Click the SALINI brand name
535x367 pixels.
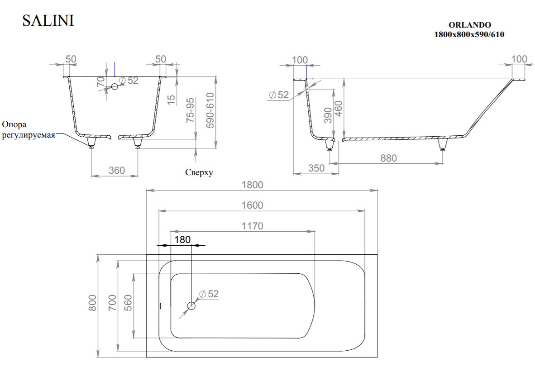(x=48, y=20)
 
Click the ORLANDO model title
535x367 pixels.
(x=469, y=25)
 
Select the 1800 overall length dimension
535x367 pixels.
(x=252, y=185)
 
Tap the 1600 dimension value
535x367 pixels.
(x=252, y=205)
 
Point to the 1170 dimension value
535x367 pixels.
(x=252, y=226)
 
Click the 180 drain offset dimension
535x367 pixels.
(x=182, y=240)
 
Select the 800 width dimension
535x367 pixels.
(x=92, y=303)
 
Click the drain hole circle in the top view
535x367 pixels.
(x=191, y=306)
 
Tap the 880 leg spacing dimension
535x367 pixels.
(x=389, y=158)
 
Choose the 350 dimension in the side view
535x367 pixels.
(x=316, y=168)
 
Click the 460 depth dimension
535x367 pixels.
(x=339, y=109)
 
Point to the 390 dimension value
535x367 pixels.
(x=328, y=115)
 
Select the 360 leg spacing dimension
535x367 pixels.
(x=117, y=170)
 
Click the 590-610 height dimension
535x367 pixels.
(x=210, y=110)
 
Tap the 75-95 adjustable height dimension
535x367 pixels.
(x=191, y=110)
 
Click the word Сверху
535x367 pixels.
(x=199, y=172)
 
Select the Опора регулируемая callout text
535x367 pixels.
(x=29, y=129)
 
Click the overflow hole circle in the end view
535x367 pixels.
(x=115, y=86)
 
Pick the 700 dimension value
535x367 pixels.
(x=112, y=303)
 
